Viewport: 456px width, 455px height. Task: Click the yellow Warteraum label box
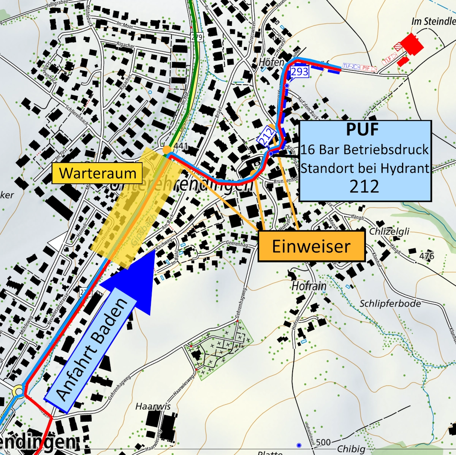(97, 173)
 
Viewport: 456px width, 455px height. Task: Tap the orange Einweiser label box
(311, 246)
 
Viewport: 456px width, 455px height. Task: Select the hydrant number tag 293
(299, 71)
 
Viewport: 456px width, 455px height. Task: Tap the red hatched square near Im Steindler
(398, 46)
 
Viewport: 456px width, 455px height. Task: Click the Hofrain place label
(309, 286)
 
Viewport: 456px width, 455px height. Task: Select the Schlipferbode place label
(390, 303)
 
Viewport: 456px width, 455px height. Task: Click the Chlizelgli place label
(389, 231)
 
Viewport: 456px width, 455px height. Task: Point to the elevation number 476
(427, 256)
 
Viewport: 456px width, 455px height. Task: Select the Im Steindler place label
(433, 22)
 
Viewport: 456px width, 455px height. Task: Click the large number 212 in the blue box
(364, 186)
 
